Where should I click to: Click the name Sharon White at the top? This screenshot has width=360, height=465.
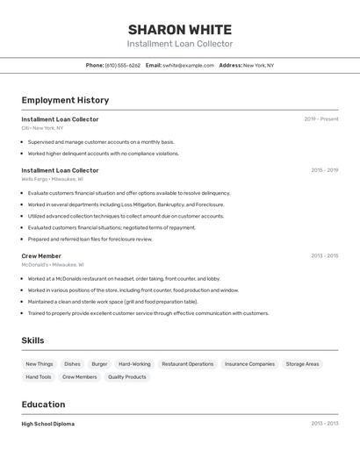point(179,30)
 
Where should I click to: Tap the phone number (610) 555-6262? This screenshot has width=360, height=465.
point(122,65)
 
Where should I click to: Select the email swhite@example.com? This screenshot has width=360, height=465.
point(188,65)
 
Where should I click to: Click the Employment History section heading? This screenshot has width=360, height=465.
point(65,100)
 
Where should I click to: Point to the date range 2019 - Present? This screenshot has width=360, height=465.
point(320,119)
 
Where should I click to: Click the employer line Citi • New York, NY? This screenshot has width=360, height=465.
point(42,128)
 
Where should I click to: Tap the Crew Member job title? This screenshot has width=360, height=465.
point(41,255)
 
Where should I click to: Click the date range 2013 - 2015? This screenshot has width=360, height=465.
point(324,256)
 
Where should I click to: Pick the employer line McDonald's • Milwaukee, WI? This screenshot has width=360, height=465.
point(53,264)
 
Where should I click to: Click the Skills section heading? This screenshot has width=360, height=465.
point(32,340)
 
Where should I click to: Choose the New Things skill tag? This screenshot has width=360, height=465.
point(39,363)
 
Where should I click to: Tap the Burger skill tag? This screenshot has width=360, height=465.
point(99,363)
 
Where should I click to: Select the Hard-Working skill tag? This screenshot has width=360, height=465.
point(134,363)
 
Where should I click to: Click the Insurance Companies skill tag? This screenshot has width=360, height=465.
point(249,363)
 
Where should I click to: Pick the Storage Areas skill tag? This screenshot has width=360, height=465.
point(302,363)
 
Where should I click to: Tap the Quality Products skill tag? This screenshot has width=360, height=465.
point(127,376)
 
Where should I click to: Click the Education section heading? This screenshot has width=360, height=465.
point(43,404)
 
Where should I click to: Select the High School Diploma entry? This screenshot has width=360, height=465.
point(47,424)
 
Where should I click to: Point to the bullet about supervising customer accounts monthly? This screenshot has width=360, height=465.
point(101,142)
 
